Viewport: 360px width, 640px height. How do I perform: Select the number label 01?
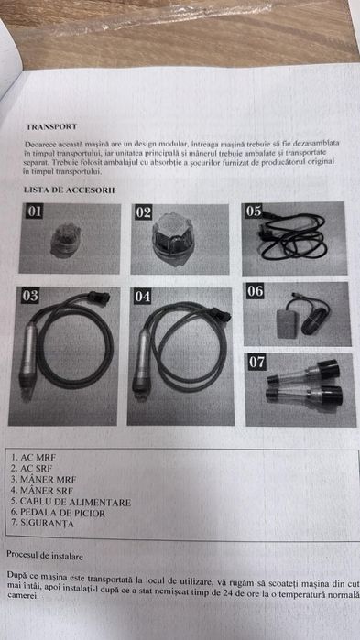click(34, 212)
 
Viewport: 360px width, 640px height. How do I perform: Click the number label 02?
click(143, 212)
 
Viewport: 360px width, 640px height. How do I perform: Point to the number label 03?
click(30, 296)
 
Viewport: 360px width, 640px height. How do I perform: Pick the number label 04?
click(143, 297)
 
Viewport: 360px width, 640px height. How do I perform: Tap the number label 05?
click(254, 211)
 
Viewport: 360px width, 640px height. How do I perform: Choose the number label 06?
click(255, 291)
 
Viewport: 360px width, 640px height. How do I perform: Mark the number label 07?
click(256, 362)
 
